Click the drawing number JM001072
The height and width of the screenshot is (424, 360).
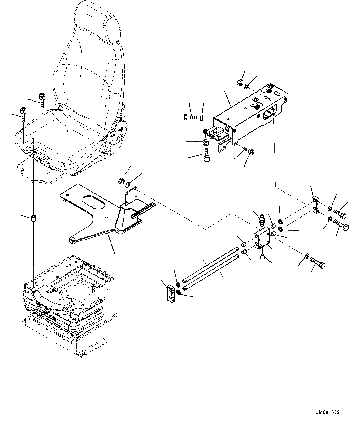pyautogui.click(x=327, y=413)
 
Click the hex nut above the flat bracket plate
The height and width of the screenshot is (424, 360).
pyautogui.click(x=122, y=180)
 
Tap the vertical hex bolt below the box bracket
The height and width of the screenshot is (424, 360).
pyautogui.click(x=206, y=155)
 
